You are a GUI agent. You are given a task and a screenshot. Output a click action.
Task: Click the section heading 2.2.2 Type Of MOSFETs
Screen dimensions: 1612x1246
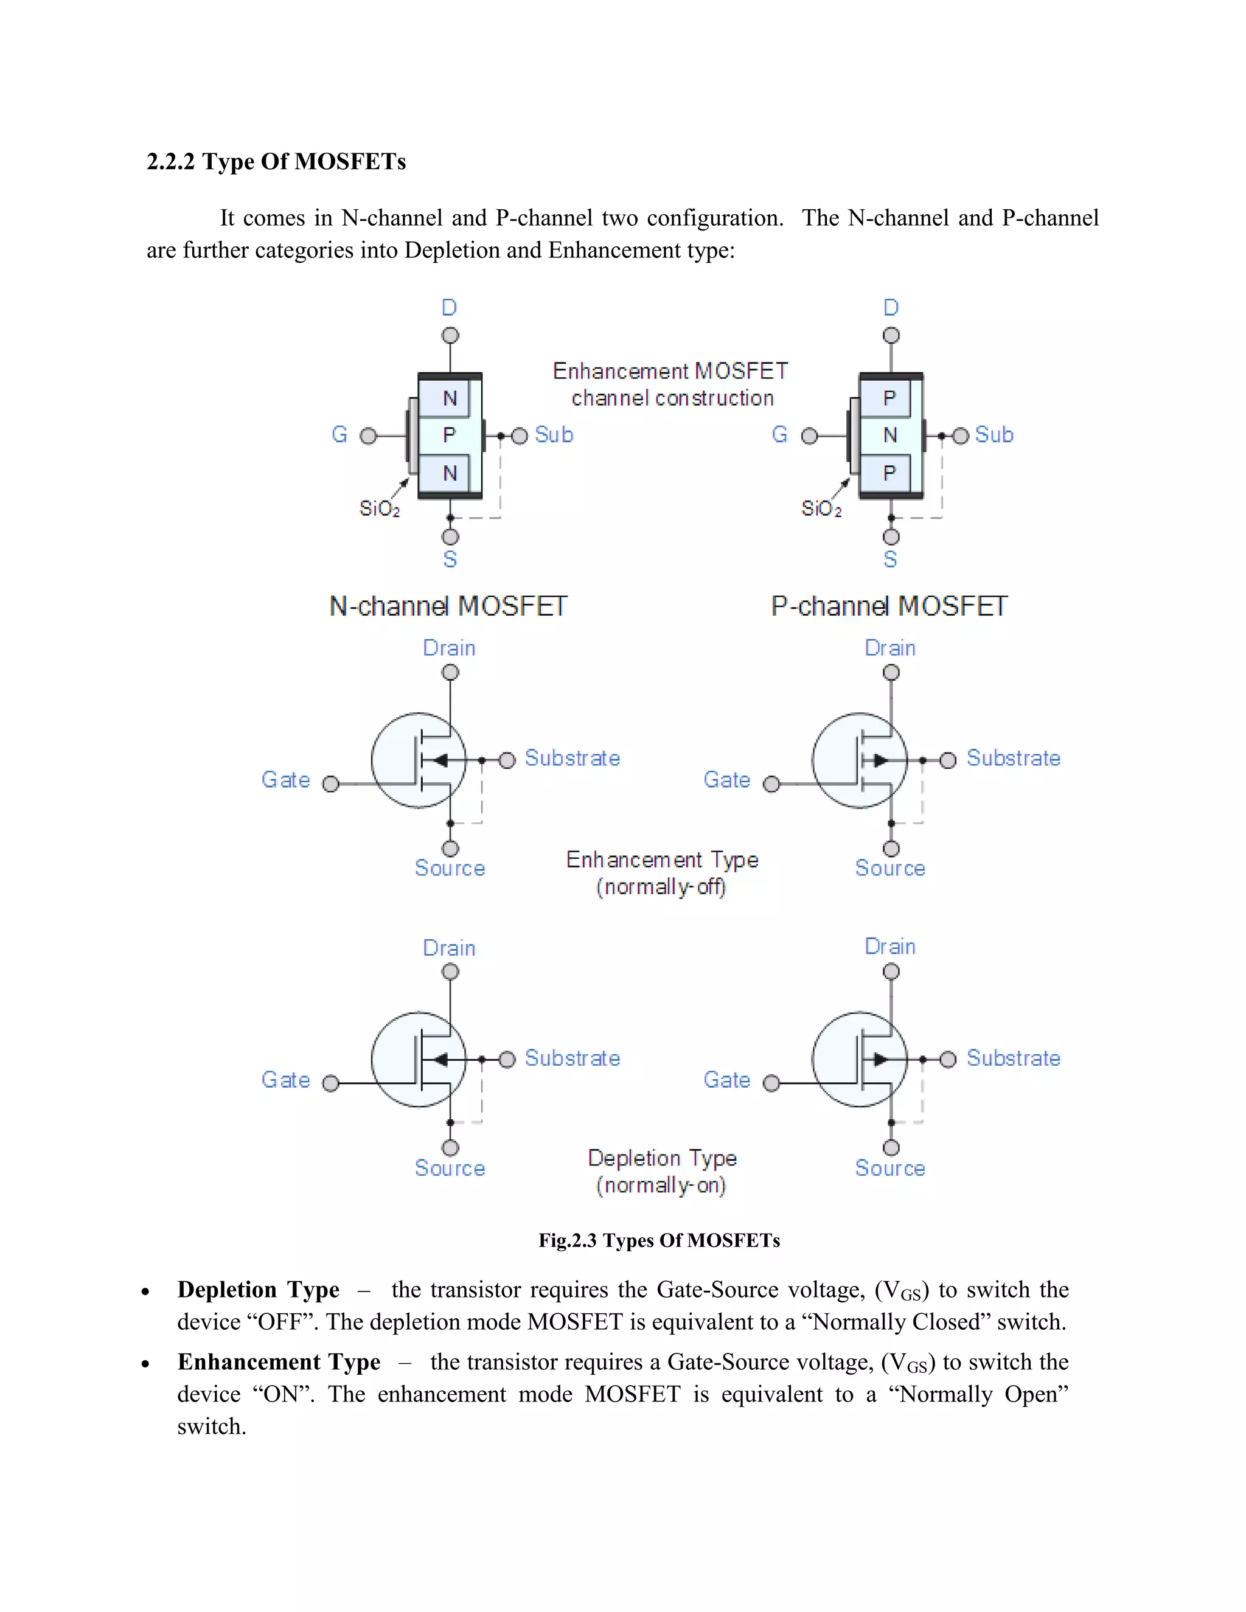[x=276, y=162]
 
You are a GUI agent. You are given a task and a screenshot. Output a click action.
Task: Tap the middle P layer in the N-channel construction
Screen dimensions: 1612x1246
[x=449, y=436]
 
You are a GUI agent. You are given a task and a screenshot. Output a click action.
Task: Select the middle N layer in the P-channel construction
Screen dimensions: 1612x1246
[x=890, y=436]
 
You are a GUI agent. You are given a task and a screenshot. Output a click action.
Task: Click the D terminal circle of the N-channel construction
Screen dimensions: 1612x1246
[x=450, y=336]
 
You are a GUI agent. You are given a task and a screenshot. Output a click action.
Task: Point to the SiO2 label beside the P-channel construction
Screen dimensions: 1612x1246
[x=821, y=509]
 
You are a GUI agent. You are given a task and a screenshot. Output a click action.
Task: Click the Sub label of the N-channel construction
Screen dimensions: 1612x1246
[x=554, y=435]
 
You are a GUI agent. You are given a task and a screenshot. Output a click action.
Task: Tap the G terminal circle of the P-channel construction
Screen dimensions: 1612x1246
[x=810, y=436]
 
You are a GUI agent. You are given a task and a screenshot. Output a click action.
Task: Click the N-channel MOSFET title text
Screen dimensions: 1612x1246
[x=448, y=606]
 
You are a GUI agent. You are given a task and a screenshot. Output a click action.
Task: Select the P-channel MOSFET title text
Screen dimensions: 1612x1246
[x=889, y=606]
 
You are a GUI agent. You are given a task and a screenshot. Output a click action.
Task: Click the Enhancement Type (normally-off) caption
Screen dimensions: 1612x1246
[x=661, y=873]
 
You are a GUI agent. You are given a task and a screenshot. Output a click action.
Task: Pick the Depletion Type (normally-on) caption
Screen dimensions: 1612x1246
[x=661, y=1172]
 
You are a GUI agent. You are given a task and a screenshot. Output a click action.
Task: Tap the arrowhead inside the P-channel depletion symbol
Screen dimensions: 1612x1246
[x=880, y=1060]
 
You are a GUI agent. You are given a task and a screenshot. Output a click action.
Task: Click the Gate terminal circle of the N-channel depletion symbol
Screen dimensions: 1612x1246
[x=331, y=1083]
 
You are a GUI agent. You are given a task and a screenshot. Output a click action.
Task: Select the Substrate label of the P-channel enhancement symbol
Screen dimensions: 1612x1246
[x=1013, y=758]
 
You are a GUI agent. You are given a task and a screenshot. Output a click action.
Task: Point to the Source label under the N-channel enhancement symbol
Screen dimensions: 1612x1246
[x=450, y=868]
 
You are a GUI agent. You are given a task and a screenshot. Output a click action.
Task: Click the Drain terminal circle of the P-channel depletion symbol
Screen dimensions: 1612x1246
[x=891, y=972]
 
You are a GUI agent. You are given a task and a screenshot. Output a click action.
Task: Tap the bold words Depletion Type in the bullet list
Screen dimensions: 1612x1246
[x=259, y=1290]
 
